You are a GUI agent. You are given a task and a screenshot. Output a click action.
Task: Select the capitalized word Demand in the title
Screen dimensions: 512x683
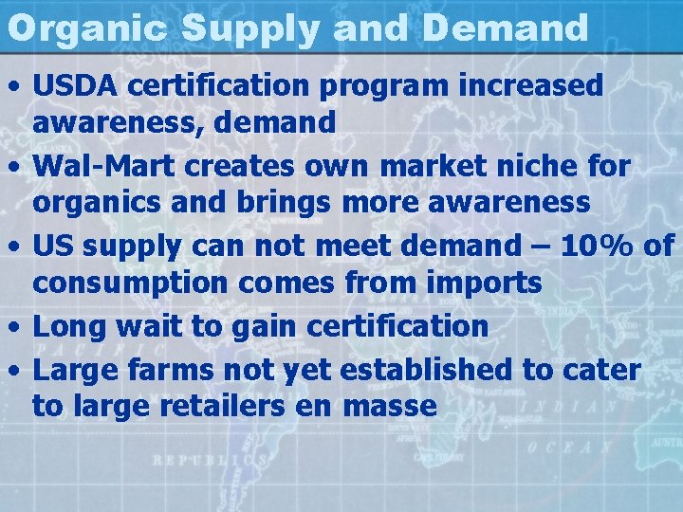click(506, 27)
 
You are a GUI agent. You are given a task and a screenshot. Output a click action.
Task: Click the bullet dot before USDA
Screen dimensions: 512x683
click(16, 86)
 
